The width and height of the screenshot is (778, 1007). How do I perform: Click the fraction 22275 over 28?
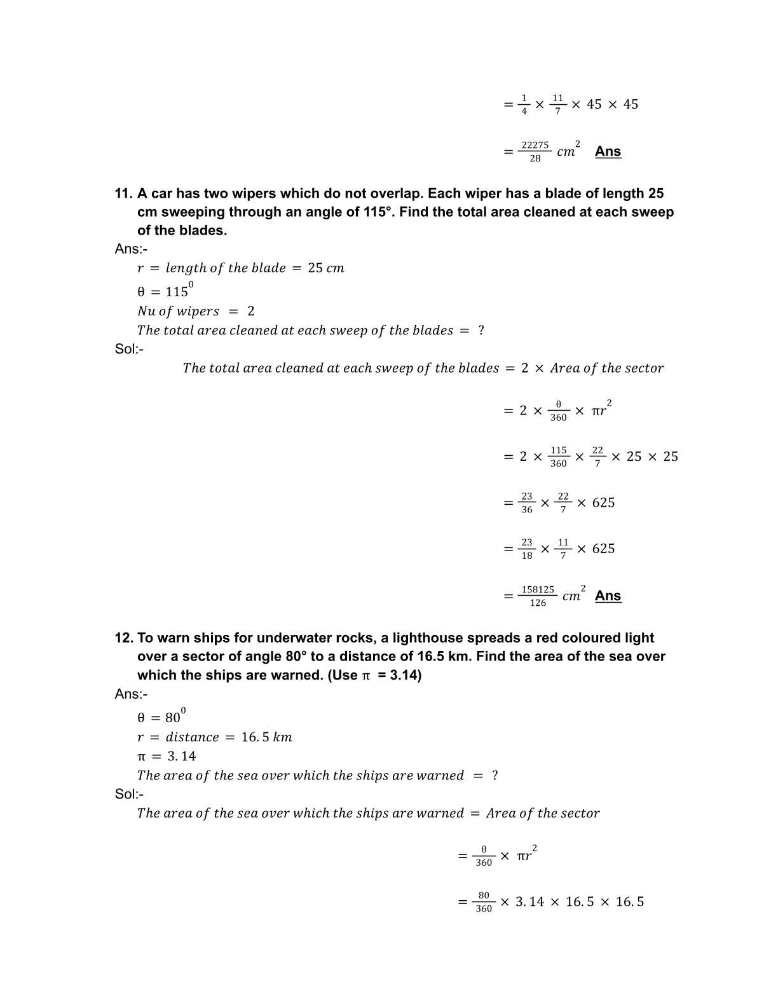click(x=535, y=151)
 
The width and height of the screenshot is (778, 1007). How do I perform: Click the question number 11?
click(x=123, y=193)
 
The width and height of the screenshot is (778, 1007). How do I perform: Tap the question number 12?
click(x=123, y=638)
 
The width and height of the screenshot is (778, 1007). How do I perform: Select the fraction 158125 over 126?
click(x=538, y=596)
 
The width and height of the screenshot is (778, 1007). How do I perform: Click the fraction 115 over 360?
click(x=558, y=456)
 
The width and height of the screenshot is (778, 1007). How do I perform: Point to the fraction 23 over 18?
click(x=527, y=549)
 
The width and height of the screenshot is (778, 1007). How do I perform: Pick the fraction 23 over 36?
click(x=527, y=503)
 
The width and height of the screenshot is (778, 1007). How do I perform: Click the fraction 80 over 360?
click(x=484, y=901)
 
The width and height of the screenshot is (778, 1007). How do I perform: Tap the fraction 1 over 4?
click(x=524, y=104)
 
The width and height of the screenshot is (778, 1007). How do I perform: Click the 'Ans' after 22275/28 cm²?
click(x=608, y=151)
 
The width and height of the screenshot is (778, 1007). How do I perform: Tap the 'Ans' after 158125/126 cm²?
click(x=608, y=596)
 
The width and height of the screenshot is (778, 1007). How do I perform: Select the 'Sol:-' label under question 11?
click(x=129, y=348)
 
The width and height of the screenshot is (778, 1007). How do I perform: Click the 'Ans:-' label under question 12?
click(x=131, y=694)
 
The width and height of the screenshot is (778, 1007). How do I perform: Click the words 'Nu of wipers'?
click(x=178, y=311)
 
